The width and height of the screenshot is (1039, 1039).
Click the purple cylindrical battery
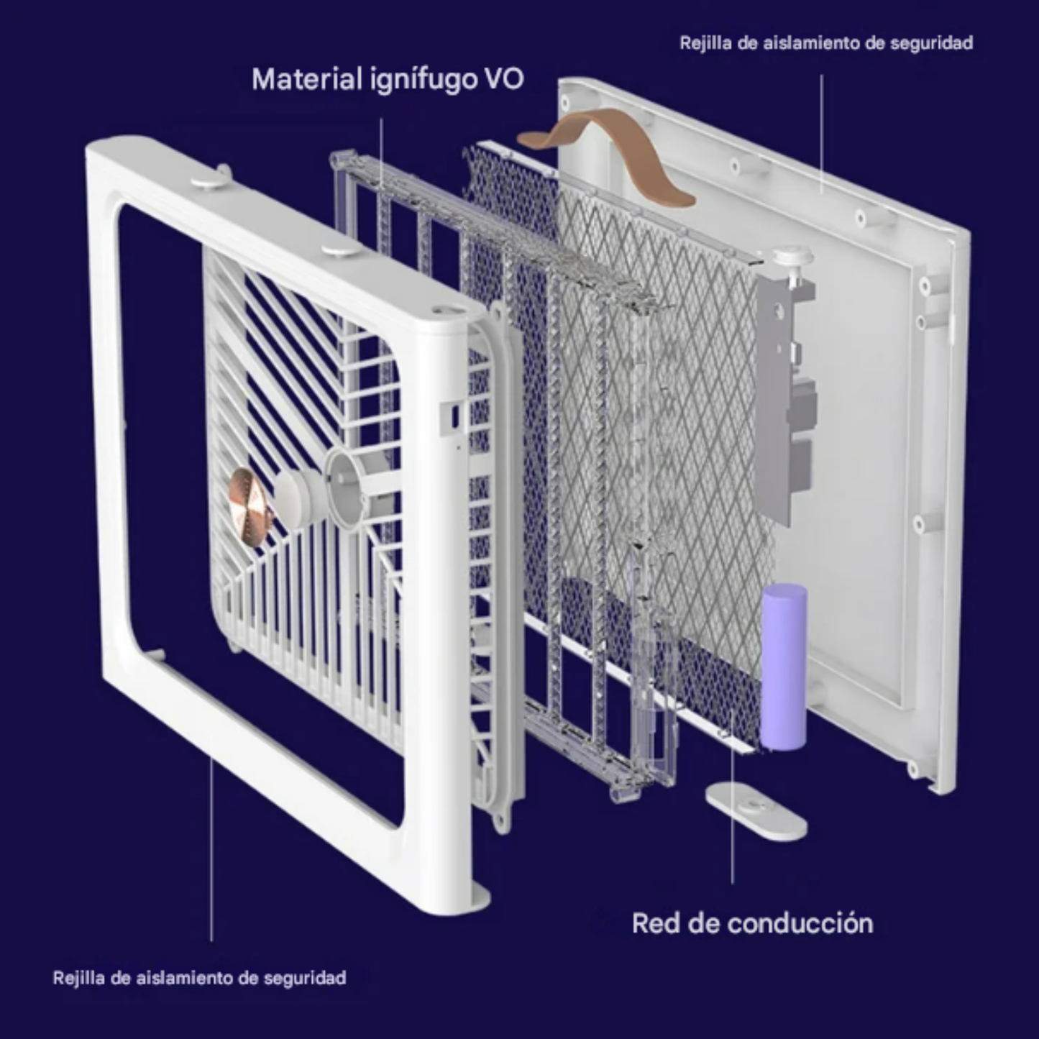pos(784,667)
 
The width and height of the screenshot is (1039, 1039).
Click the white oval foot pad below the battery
pos(756,810)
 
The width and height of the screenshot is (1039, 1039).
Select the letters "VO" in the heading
pos(504,79)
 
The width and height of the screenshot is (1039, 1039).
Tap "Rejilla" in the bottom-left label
pos(78,978)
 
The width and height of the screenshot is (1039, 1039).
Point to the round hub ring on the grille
pos(347,488)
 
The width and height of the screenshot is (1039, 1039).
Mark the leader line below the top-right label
pos(822,133)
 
